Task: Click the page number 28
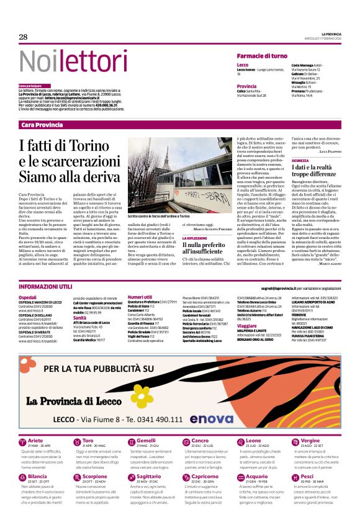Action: [24, 37]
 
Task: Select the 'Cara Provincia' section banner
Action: [42, 125]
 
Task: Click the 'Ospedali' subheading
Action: [28, 297]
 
